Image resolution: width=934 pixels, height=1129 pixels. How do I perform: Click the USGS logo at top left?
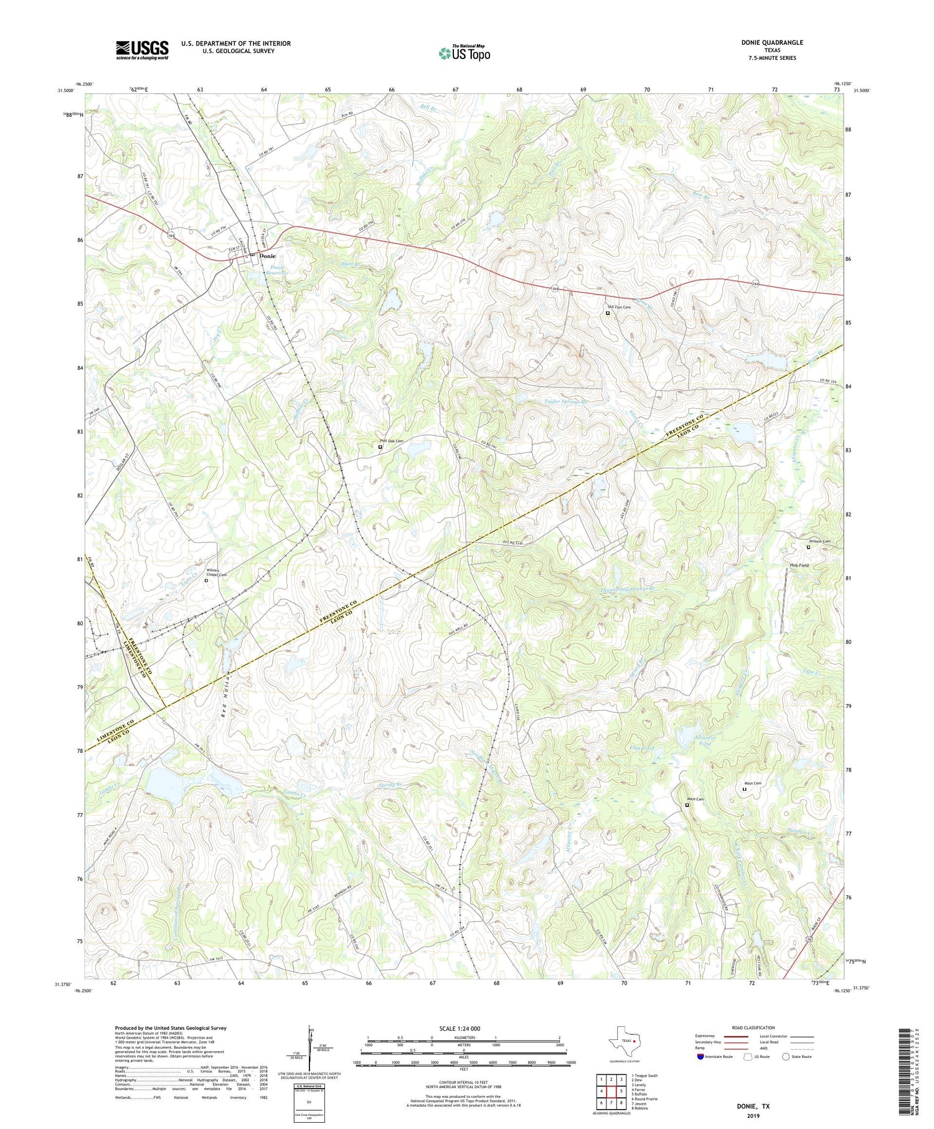[142, 50]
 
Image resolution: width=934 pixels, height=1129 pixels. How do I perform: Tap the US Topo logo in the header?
[464, 54]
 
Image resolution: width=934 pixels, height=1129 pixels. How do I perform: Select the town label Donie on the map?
[268, 256]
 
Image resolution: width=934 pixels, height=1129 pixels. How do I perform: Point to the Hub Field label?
[799, 565]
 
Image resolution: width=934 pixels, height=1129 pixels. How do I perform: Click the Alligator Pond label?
[705, 740]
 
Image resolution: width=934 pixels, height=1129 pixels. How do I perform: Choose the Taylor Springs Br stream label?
[566, 402]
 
